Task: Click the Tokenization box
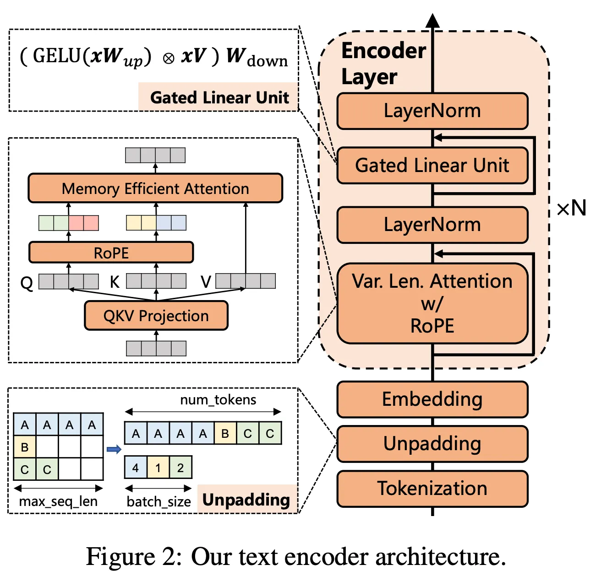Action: click(x=432, y=489)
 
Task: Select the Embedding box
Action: click(x=432, y=399)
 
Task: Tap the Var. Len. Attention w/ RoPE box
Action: click(x=432, y=303)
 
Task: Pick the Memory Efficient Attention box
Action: click(x=155, y=188)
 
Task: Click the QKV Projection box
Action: click(x=156, y=316)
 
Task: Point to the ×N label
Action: click(x=571, y=209)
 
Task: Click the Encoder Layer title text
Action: click(x=383, y=63)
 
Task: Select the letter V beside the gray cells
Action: click(x=206, y=282)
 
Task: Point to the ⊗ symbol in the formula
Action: click(x=169, y=59)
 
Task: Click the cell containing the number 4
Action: click(x=136, y=468)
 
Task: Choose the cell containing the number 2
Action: click(x=180, y=468)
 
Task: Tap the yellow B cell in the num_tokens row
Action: click(x=225, y=433)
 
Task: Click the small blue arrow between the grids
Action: click(x=114, y=449)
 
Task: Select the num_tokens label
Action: click(x=218, y=400)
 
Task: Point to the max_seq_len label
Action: click(x=58, y=501)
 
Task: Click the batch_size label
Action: click(x=158, y=502)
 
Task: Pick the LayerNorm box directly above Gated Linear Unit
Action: click(x=432, y=111)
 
